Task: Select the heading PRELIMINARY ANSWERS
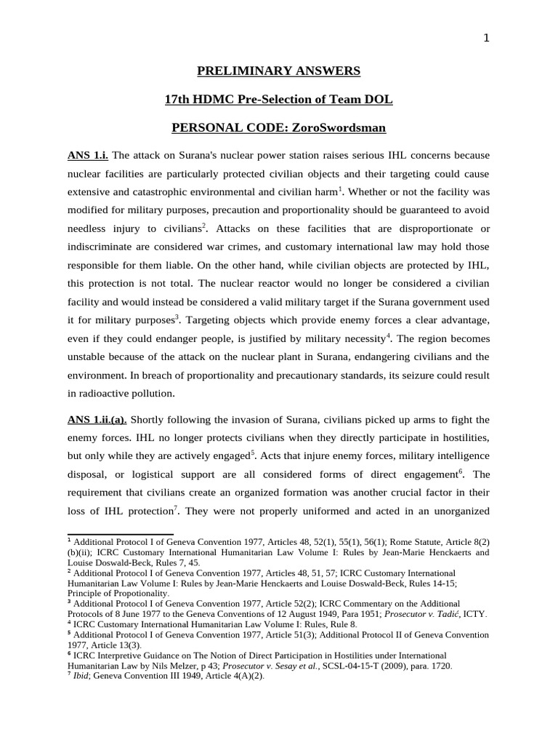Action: click(278, 71)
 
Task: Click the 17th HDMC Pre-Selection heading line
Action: click(278, 99)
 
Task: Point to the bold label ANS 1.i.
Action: click(88, 156)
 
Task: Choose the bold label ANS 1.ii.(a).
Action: click(97, 420)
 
